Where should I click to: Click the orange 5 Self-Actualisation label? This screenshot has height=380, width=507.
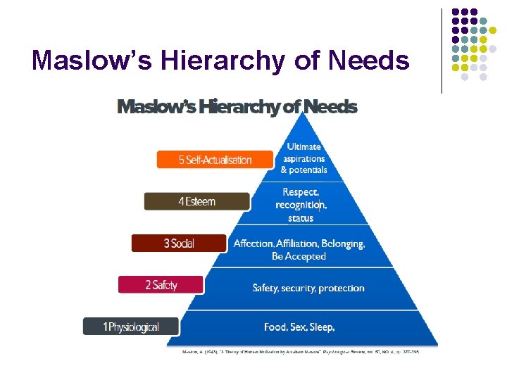coord(215,160)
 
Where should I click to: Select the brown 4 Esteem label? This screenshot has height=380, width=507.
coord(197,201)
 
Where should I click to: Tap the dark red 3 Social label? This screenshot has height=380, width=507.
coord(179,243)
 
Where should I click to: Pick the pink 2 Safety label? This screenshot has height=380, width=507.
coord(161,285)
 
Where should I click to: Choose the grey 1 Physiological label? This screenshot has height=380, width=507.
coord(131,327)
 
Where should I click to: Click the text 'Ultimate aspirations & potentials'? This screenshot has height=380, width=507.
coord(303,158)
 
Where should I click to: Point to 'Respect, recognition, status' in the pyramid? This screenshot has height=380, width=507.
coord(301,204)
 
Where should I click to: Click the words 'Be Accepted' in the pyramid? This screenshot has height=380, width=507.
coord(299,257)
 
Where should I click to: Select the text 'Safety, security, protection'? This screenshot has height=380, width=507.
coord(308,288)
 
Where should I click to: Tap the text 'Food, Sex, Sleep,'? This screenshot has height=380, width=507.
coord(299,327)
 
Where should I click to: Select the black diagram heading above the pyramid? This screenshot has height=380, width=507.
coord(237,107)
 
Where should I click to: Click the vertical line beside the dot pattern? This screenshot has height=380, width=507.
coord(442,51)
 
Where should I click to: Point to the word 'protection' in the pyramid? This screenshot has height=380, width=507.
coord(342,289)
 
